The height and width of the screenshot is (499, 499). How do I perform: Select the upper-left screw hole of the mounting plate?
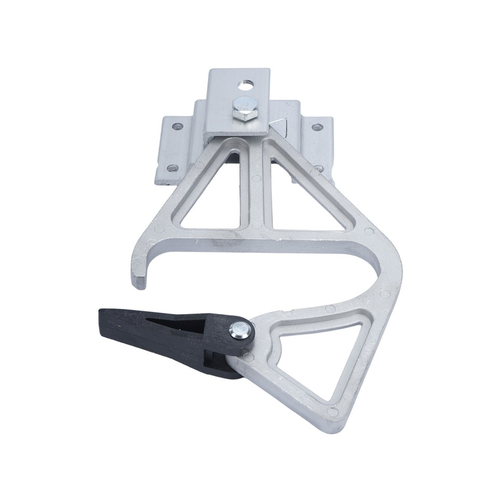177,126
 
